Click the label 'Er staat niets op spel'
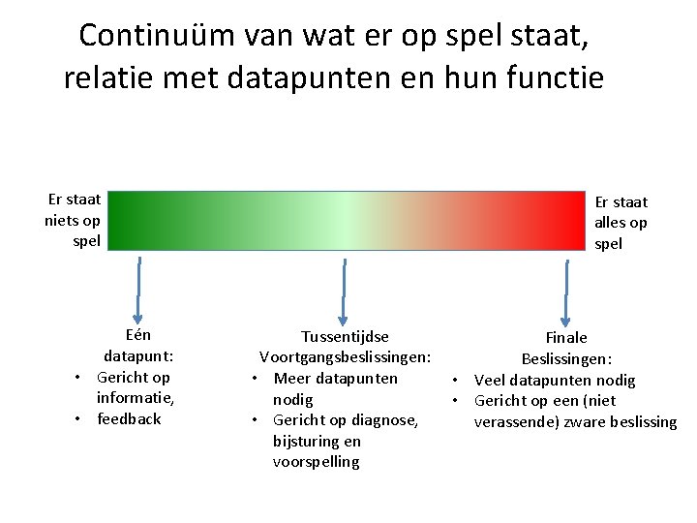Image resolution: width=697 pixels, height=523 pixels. [73, 220]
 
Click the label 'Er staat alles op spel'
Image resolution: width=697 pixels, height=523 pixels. [621, 223]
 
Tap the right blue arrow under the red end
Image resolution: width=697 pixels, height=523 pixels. [566, 290]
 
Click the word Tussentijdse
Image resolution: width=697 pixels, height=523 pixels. [345, 337]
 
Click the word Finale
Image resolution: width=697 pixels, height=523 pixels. [566, 338]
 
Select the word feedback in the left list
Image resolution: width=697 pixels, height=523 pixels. [129, 419]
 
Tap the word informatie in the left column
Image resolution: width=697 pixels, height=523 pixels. [134, 398]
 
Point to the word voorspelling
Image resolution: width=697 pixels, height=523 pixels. [317, 462]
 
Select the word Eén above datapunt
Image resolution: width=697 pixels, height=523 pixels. [139, 336]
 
